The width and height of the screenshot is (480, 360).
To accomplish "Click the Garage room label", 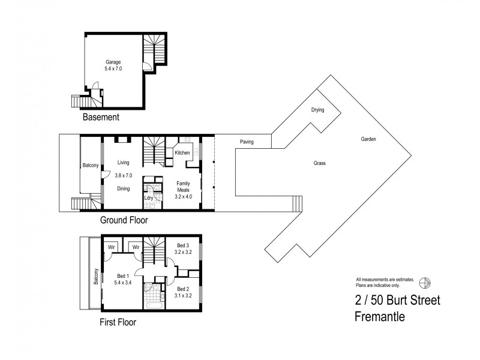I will coord(113,62).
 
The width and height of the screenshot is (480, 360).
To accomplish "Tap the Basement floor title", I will coord(101,118).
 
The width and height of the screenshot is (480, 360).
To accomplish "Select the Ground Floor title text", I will coord(124,220).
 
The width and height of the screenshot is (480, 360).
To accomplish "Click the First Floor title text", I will coord(118,322).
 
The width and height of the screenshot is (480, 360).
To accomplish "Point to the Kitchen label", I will coord(182,153).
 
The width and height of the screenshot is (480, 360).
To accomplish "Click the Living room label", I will coord(124,163).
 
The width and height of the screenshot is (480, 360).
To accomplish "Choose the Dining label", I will coord(124,188).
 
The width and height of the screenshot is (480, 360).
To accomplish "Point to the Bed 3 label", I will coord(182,245).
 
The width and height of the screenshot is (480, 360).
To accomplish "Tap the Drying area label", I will coord(317,110).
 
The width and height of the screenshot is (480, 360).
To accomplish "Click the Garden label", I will coord(368,139).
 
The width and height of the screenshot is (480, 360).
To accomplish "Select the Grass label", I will coord(319,163).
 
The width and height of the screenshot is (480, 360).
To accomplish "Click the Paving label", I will coord(247,142).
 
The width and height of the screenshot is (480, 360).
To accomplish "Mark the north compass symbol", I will coord(425,282).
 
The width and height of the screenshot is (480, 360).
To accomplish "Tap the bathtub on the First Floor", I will coord(154,304).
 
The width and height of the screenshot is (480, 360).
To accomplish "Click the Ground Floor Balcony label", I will coord(90,166).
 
